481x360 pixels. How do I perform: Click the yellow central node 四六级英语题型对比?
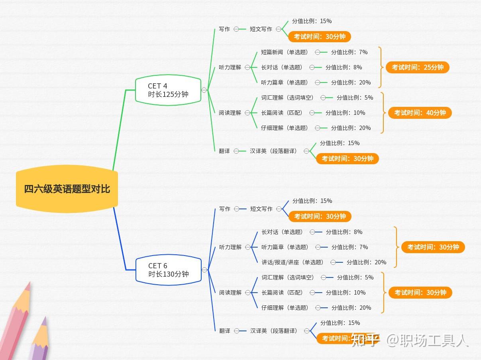point(67,189)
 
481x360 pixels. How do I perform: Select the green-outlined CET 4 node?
point(168,90)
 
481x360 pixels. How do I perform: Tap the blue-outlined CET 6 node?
point(168,270)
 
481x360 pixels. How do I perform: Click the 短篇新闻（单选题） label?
point(285,52)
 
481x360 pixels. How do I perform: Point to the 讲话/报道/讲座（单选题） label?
point(292,262)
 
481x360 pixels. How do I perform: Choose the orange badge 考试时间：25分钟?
point(417,67)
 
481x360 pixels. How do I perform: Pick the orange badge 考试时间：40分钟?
point(420,113)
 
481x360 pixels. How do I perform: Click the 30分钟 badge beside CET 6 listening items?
point(433,247)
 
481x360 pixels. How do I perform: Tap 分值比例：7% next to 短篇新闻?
point(349,52)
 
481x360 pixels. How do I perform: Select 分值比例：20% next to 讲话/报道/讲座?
point(366,262)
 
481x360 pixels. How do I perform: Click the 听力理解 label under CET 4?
point(230,67)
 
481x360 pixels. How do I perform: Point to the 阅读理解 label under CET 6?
point(230,293)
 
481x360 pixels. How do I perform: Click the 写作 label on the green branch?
point(224,29)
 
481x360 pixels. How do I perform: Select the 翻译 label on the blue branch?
point(225,331)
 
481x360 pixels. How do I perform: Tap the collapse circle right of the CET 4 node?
point(204,90)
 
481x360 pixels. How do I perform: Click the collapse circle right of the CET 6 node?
point(204,270)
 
